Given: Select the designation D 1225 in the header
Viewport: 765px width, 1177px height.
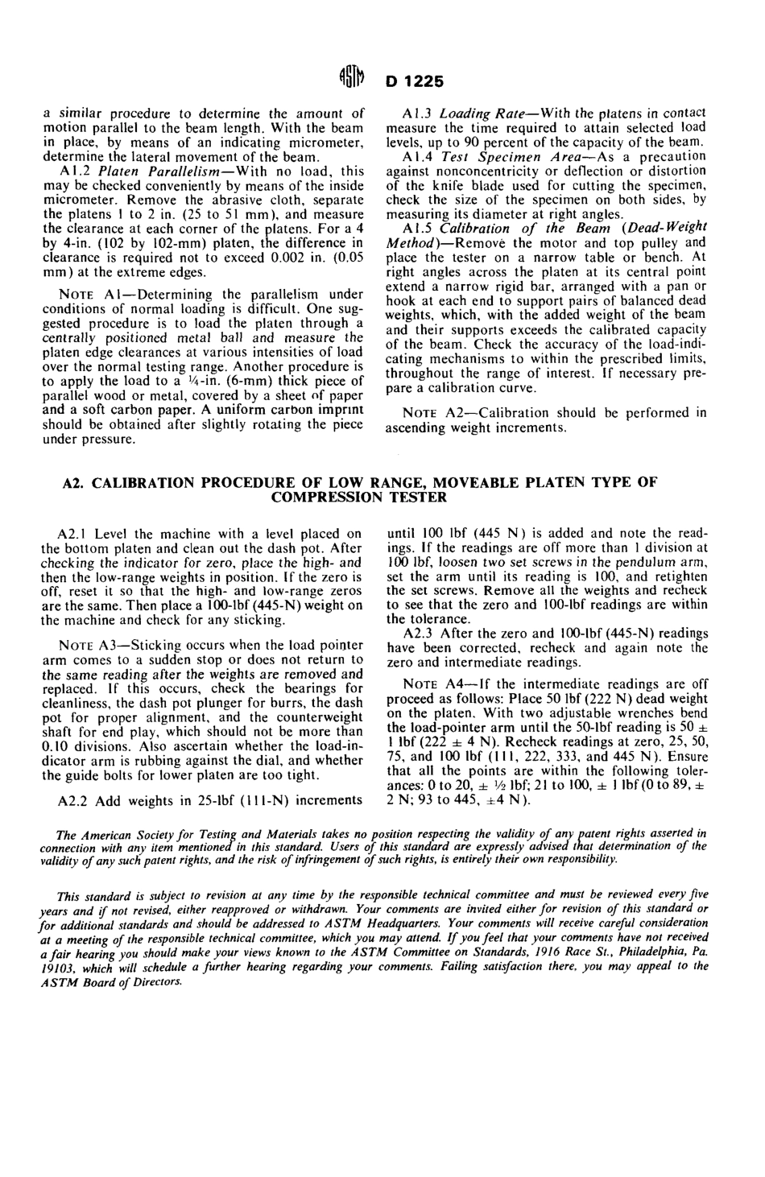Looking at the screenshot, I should tap(415, 82).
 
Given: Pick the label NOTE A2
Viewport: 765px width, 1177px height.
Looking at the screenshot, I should tap(434, 414).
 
